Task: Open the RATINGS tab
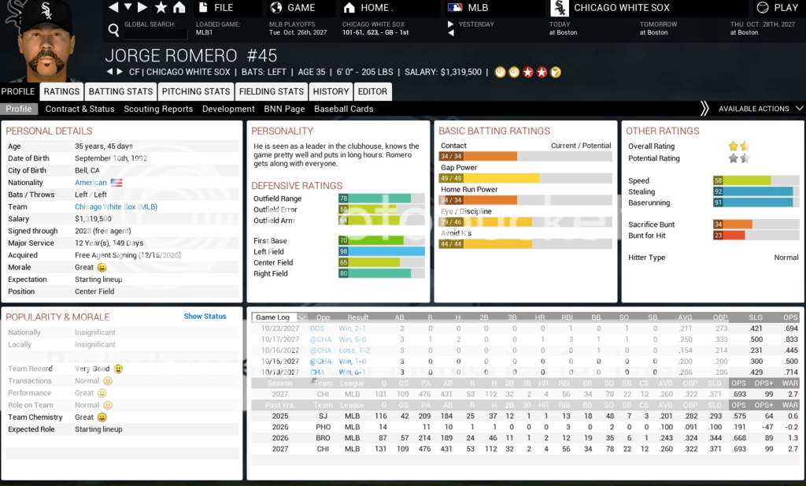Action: (61, 91)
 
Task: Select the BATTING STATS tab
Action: (120, 91)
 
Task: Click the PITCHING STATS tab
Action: (195, 91)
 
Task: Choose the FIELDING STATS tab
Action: (272, 91)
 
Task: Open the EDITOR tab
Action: (372, 91)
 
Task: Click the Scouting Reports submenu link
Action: (158, 109)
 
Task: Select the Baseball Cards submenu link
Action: (343, 109)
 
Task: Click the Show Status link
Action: (205, 317)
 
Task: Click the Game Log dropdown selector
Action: (279, 317)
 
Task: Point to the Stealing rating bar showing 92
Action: (753, 191)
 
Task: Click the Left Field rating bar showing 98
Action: (382, 251)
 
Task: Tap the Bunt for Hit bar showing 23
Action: (728, 236)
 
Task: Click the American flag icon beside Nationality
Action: (116, 183)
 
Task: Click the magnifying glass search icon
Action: (113, 31)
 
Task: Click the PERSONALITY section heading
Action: (282, 131)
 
